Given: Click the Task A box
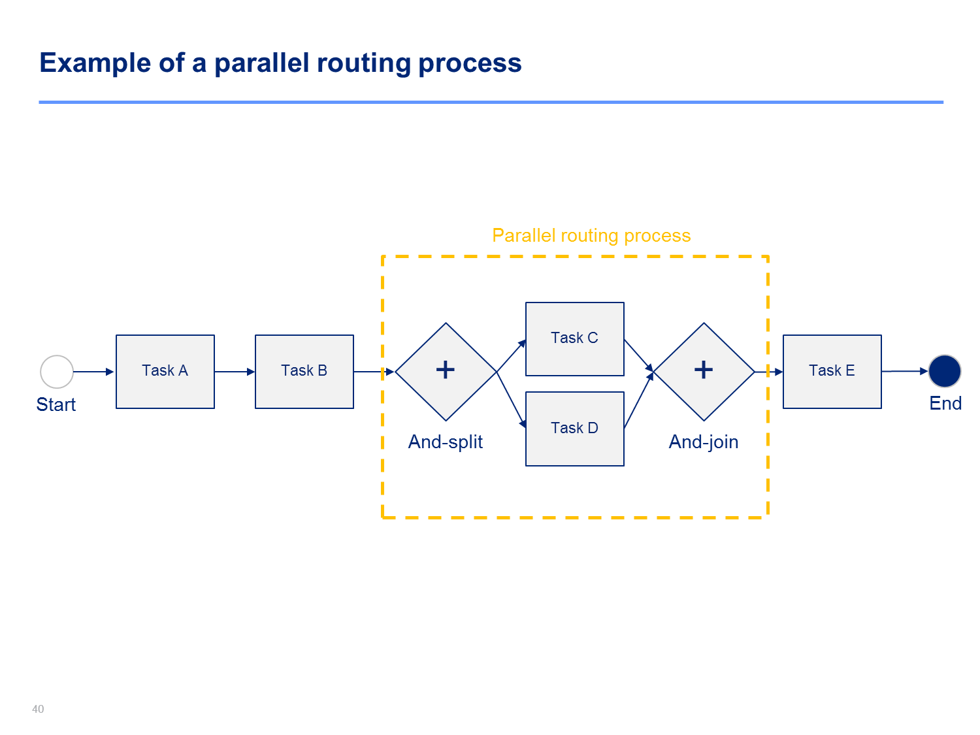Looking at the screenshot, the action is coord(165,372).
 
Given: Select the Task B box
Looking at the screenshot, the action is coord(304,372).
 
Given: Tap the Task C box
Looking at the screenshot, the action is coord(575,339).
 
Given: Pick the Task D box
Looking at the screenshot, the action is coord(575,429).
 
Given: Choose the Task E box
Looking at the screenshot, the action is coord(832,372).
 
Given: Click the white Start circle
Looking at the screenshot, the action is coord(57,372).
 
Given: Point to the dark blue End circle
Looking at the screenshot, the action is coord(945,371).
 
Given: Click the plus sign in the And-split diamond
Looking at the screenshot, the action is coord(446,370).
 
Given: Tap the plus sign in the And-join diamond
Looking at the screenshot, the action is coord(704,370).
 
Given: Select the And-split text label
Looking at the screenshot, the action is coord(446,442).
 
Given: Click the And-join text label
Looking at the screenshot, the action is coord(704,442).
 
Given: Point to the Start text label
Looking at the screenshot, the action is coord(56,405).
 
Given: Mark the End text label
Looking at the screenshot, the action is coord(945,403).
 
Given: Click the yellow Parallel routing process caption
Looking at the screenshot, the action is coord(591,236).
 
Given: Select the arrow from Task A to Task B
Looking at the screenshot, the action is coord(235,372).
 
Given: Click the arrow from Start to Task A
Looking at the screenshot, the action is coord(94,372).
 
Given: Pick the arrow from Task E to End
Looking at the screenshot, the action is coord(906,371).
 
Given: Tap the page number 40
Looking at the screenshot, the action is coord(38,710).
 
